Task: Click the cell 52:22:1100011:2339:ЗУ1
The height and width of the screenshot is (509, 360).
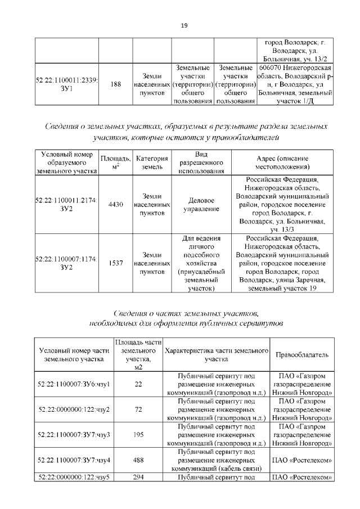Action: (x=67, y=84)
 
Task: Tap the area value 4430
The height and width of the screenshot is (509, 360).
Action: (x=116, y=205)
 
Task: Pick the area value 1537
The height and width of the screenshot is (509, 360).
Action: (x=116, y=263)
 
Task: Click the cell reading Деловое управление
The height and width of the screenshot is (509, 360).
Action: (x=201, y=205)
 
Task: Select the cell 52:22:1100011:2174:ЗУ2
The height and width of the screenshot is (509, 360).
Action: (x=67, y=205)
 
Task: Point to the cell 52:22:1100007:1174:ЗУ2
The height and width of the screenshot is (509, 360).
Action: (x=67, y=263)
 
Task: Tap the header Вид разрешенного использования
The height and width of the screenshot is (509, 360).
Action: (x=201, y=163)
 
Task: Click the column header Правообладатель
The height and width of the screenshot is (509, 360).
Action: (x=301, y=354)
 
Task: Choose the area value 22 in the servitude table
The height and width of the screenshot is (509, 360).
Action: (x=138, y=384)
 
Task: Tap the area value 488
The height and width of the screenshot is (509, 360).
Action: (x=138, y=460)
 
